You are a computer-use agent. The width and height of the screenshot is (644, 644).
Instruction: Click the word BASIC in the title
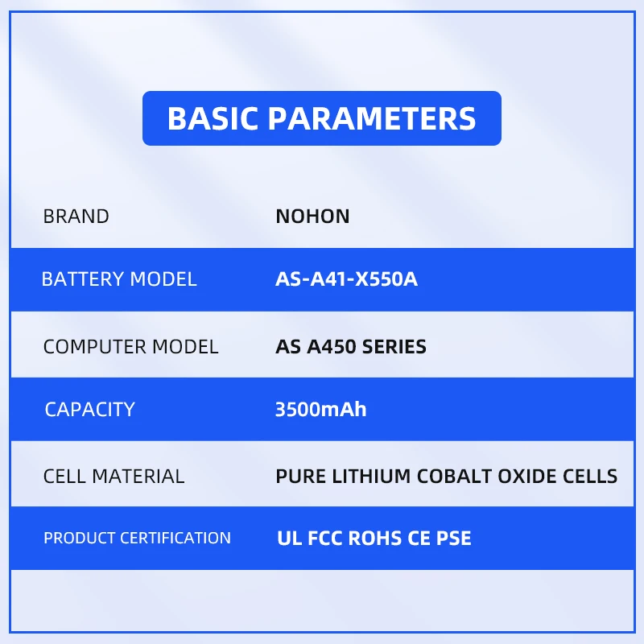tap(213, 118)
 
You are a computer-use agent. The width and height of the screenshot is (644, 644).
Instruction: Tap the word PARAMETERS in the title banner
tap(372, 118)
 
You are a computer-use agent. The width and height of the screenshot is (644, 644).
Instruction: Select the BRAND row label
tap(76, 217)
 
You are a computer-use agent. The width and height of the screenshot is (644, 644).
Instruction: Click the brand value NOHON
tap(312, 217)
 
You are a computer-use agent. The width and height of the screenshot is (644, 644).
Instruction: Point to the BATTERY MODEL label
tap(119, 279)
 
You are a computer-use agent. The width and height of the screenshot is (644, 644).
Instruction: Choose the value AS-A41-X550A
tap(346, 279)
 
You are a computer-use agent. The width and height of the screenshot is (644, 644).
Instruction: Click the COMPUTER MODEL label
tap(130, 347)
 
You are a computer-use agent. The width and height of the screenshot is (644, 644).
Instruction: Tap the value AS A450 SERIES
tap(351, 347)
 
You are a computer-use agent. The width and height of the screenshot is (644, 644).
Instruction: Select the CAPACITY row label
tap(89, 410)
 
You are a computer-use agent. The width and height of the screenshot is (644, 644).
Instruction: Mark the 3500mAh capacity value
tap(320, 410)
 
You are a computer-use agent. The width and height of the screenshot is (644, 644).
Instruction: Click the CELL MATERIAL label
tap(114, 477)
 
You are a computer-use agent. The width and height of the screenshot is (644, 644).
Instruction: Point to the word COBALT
tap(454, 477)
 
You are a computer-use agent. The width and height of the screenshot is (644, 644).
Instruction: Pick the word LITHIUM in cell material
tap(371, 477)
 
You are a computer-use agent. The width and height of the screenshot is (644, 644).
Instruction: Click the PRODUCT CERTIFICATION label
tap(137, 538)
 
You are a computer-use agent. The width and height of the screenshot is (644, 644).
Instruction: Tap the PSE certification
tap(453, 539)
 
